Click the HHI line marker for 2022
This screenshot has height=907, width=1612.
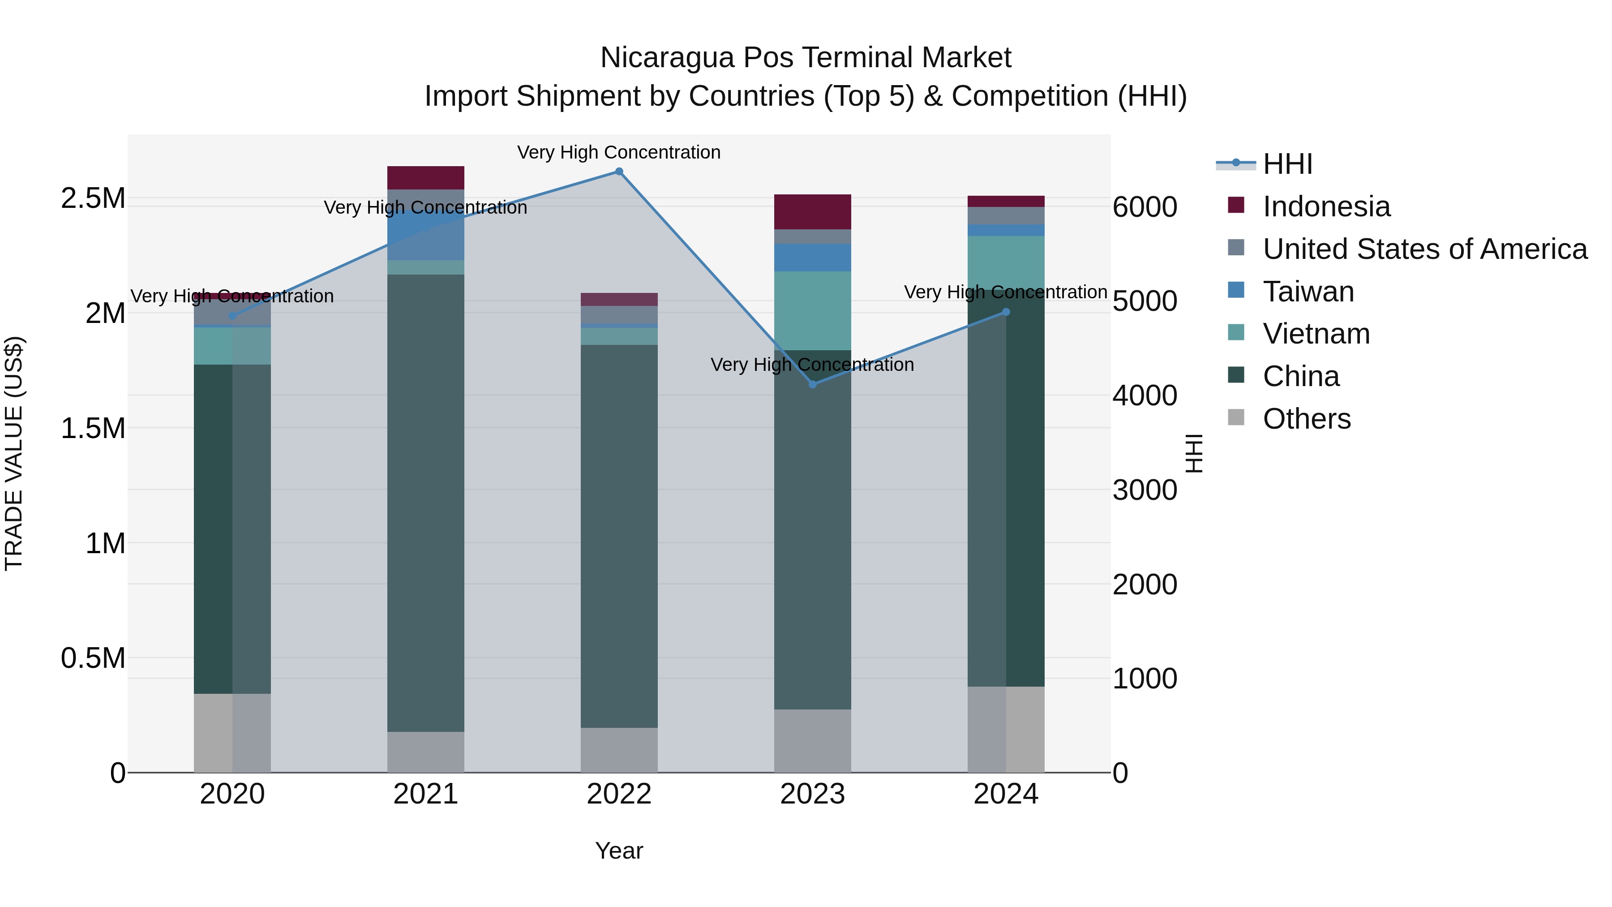click(x=619, y=172)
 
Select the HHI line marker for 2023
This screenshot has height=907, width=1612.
click(x=812, y=384)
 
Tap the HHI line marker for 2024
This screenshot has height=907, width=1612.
click(x=1006, y=312)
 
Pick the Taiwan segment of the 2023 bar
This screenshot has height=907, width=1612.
click(x=812, y=257)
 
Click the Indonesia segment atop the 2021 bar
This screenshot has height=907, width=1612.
click(x=425, y=178)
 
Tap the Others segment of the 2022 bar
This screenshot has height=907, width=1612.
click(x=619, y=749)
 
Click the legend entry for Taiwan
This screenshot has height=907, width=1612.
click(x=1308, y=292)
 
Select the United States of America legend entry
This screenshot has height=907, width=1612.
click(x=1424, y=249)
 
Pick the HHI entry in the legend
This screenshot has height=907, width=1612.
click(x=1287, y=164)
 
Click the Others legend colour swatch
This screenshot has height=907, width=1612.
click(x=1236, y=417)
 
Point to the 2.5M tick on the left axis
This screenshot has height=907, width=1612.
click(x=93, y=198)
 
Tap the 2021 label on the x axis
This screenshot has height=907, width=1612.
click(x=425, y=794)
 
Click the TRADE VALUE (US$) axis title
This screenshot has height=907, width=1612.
click(x=14, y=453)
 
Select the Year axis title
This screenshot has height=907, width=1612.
click(x=619, y=851)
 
